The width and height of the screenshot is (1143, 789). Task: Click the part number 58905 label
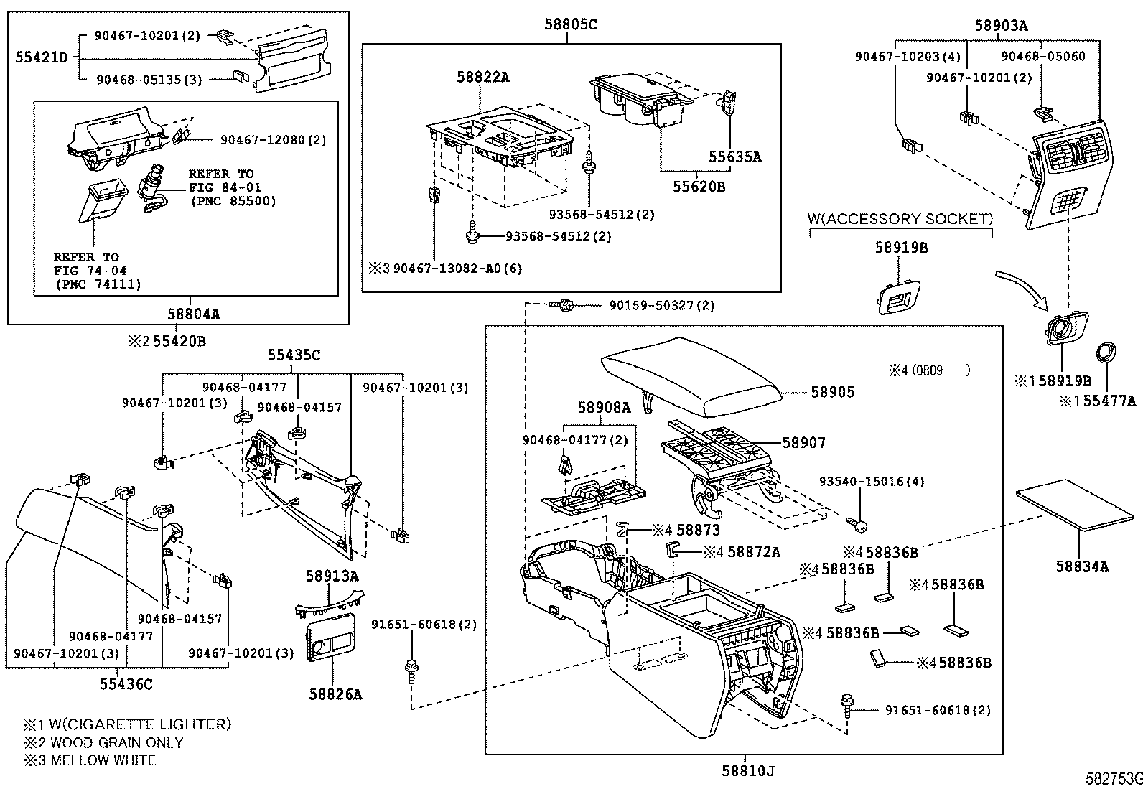[833, 392]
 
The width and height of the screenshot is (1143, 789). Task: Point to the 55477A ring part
[1105, 353]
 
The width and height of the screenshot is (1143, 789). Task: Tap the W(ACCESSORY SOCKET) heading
[900, 219]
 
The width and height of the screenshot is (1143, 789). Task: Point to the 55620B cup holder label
[699, 187]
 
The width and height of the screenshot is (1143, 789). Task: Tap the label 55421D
[42, 57]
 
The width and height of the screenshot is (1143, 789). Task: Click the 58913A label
[332, 576]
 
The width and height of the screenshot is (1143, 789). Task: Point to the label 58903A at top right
[1001, 26]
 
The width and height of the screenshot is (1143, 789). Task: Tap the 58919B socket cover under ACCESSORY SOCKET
[897, 295]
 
